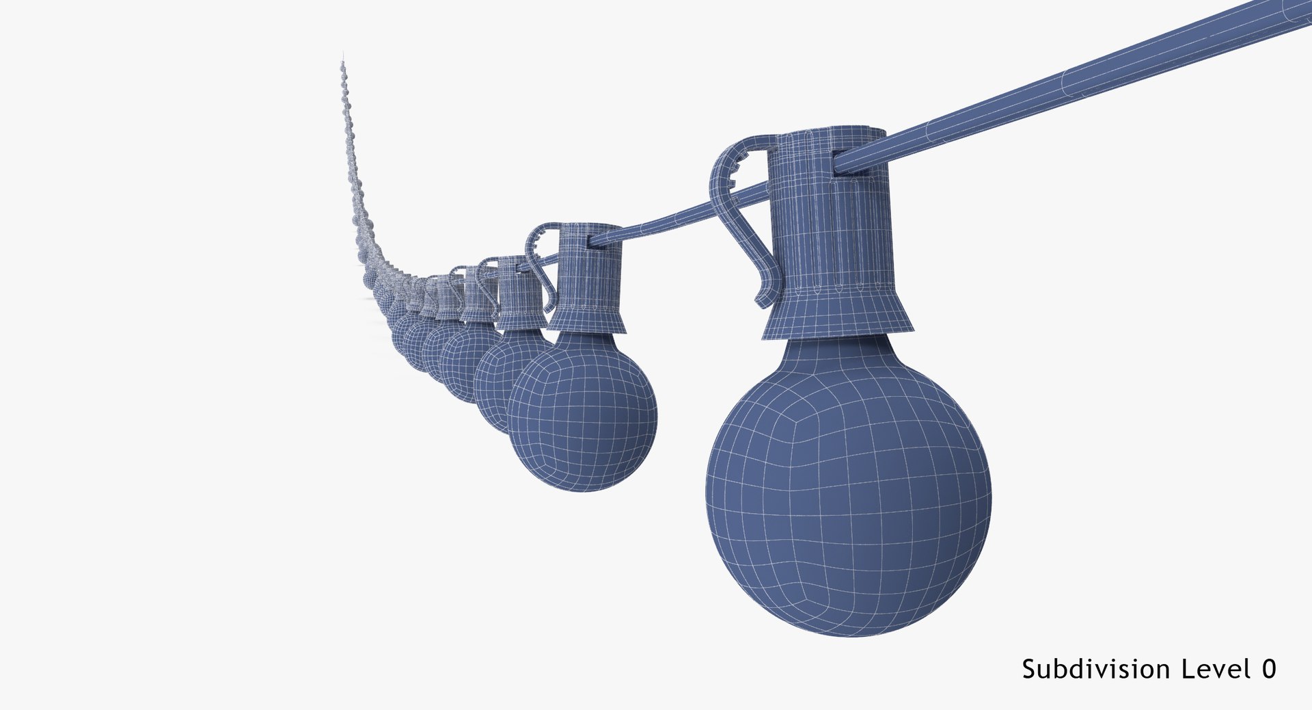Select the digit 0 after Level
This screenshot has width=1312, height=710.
click(x=1268, y=669)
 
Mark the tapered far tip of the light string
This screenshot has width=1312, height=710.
click(x=342, y=65)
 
